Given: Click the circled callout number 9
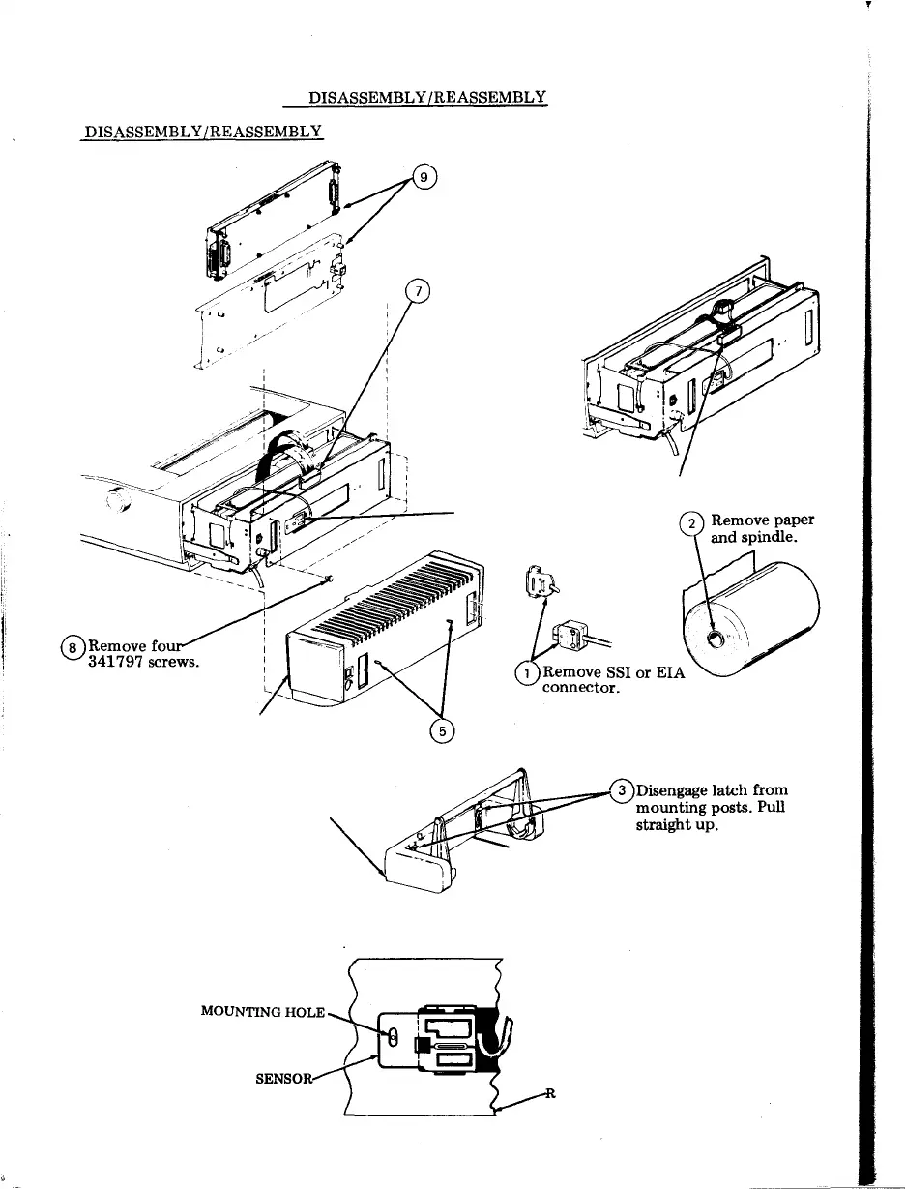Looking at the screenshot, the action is (424, 177).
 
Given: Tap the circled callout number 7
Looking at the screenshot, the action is (417, 290).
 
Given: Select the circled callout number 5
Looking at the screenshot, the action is (442, 731).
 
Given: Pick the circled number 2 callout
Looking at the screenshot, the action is (692, 524).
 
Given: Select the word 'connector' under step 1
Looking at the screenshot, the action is (578, 689).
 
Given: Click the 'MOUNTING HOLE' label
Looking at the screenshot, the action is (263, 1011).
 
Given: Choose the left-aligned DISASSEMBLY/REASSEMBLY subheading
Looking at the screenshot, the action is (201, 131).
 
